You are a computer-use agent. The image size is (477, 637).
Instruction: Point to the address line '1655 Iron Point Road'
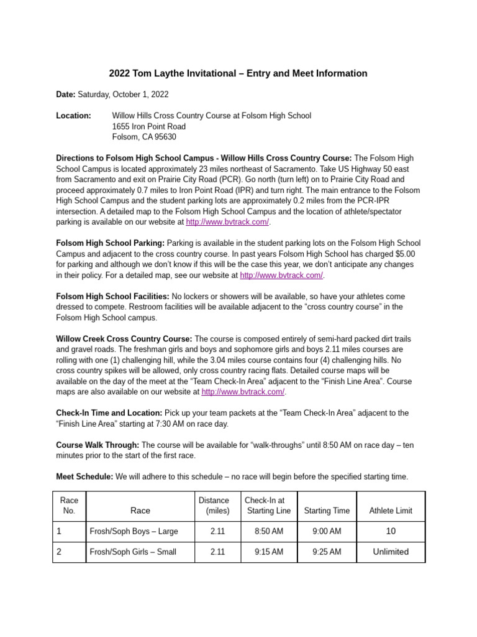[148, 126]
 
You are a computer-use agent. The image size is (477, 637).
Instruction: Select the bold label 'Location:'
[73, 116]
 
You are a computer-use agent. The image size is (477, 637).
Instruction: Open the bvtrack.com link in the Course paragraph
[243, 392]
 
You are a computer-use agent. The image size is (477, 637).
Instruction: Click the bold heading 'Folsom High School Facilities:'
[112, 296]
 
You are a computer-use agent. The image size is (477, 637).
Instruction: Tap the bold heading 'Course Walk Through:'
[98, 445]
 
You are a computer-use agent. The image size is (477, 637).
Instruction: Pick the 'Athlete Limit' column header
[391, 511]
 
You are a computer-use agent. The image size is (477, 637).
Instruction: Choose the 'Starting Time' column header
[327, 511]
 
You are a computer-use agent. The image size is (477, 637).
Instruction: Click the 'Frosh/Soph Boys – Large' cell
[134, 531]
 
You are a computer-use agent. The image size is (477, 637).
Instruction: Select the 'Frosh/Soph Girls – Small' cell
[133, 552]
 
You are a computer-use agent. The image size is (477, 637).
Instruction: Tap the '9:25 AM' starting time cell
[327, 552]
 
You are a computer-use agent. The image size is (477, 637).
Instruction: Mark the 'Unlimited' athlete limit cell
[391, 552]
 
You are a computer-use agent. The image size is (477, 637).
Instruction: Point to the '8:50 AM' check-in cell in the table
[268, 531]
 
